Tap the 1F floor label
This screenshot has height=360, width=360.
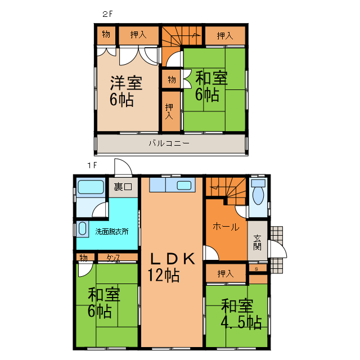(x=92, y=165)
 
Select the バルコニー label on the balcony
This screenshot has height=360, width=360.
(x=169, y=143)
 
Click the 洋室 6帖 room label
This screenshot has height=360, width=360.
(x=125, y=91)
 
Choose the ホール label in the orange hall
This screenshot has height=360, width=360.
(x=226, y=227)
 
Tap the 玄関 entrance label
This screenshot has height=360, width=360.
(x=257, y=242)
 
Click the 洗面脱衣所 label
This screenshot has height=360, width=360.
(x=112, y=231)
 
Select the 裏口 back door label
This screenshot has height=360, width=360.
(x=123, y=186)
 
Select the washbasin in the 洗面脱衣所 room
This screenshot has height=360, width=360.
(x=82, y=229)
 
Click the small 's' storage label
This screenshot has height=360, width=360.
(x=257, y=268)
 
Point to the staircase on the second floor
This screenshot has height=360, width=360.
(x=182, y=38)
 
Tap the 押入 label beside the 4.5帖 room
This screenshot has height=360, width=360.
(x=225, y=274)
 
